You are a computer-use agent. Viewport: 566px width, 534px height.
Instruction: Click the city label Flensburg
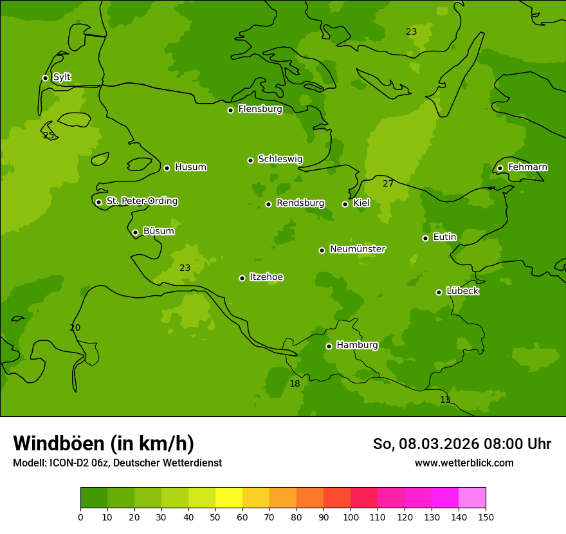260,109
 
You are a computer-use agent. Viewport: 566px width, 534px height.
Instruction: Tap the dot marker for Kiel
345,204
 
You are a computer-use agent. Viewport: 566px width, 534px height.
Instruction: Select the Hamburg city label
357,345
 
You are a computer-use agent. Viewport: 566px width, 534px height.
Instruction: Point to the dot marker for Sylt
45,78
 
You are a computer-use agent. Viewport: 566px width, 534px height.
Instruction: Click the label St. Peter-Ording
141,201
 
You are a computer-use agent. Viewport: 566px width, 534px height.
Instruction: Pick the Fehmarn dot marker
500,168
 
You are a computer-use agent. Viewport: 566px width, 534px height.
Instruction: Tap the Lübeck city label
462,291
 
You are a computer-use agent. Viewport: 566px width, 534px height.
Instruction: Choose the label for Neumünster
358,249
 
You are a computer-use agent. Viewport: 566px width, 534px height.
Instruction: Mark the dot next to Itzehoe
242,278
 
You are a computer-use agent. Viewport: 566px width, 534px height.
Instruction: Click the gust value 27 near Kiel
388,184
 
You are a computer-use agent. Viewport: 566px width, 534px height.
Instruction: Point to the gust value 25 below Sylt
48,136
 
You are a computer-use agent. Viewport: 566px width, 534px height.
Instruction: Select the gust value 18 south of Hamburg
295,384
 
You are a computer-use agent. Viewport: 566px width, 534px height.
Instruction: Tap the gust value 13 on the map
445,400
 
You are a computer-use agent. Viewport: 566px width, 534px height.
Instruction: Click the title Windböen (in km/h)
104,443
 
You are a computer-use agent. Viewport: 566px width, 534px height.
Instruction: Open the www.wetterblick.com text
464,463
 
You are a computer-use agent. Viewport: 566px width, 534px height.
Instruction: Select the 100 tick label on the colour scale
351,517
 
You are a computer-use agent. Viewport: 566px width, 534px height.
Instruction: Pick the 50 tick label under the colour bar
215,517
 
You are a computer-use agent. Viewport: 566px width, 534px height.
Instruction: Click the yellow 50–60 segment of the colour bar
229,498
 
